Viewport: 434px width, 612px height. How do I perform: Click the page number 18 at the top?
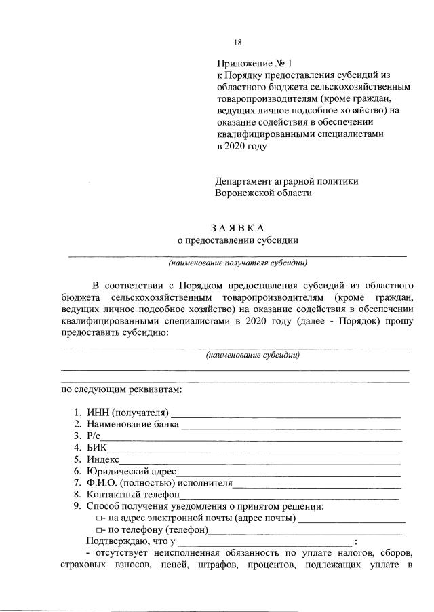[x=238, y=43]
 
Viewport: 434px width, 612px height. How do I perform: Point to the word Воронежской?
[x=245, y=193]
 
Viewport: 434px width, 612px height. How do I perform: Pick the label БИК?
[x=96, y=448]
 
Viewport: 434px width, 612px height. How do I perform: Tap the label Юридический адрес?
[x=131, y=471]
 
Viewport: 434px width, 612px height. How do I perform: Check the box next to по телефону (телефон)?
[x=99, y=531]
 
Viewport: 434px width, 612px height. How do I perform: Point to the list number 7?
[x=77, y=483]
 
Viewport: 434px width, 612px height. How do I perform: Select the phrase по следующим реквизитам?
[x=121, y=390]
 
